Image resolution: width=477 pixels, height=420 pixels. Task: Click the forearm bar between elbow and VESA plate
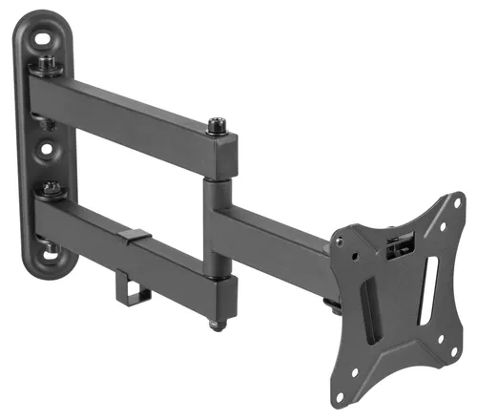click(277, 234)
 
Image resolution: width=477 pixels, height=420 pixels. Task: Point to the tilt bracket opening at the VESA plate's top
click(398, 246)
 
